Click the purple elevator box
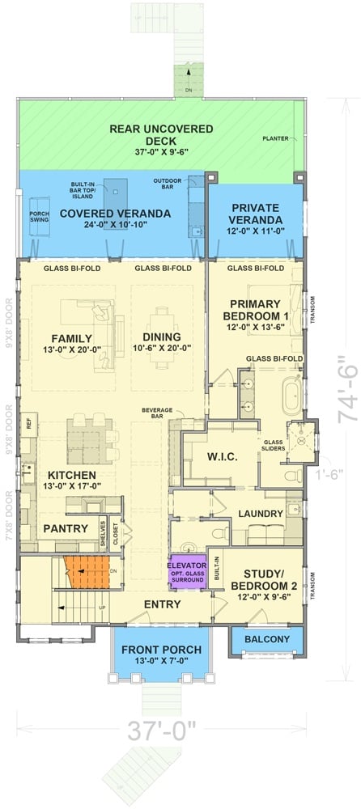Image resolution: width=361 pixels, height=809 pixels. tap(188, 571)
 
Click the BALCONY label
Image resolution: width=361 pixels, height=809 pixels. tap(267, 640)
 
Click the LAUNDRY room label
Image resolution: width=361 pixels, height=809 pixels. tap(260, 514)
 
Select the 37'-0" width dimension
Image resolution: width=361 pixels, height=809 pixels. tap(161, 732)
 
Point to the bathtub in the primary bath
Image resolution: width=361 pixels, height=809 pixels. tap(291, 396)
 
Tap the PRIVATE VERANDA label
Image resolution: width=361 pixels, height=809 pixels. tap(256, 214)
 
